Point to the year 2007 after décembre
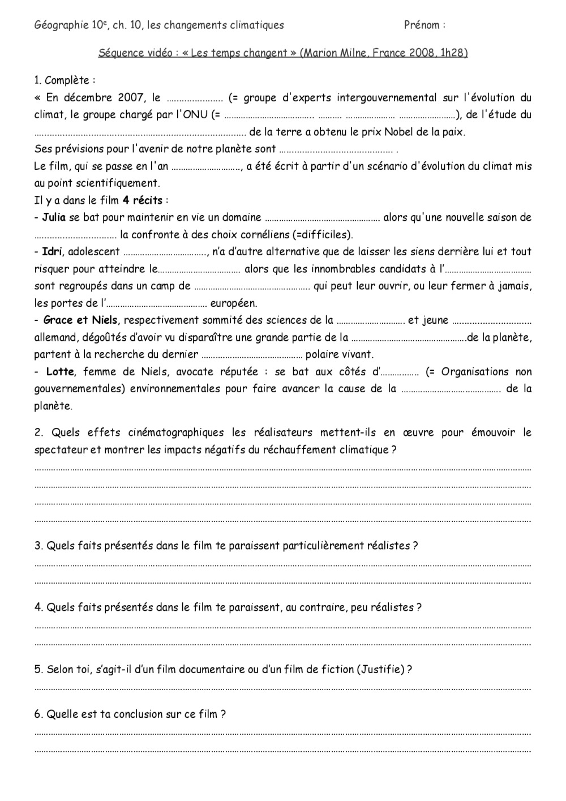(x=131, y=98)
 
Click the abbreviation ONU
(x=195, y=115)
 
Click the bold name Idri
(x=52, y=252)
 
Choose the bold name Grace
(x=58, y=320)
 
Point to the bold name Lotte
(x=60, y=372)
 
